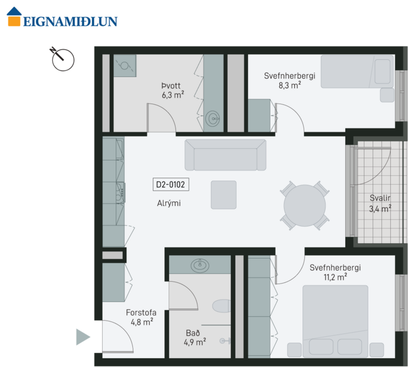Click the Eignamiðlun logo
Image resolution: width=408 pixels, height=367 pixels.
pos(62,17)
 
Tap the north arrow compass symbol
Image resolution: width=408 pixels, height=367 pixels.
pos(62,59)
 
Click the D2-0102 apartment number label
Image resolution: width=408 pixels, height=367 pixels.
pos(171,185)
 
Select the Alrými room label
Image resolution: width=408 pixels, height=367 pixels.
pos(169,203)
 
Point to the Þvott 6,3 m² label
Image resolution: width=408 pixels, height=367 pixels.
pos(173,89)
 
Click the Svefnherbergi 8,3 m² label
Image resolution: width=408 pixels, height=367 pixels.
pos(289,80)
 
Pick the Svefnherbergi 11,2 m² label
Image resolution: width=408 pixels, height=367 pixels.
pos(335,272)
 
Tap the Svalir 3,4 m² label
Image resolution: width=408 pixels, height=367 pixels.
pos(380,203)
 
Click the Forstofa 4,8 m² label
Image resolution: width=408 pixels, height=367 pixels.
pos(141,317)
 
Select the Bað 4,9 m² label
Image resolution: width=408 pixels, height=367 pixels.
pos(195,336)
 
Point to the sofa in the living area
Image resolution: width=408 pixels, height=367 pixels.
pos(225,155)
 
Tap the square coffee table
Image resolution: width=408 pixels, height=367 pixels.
pos(224,195)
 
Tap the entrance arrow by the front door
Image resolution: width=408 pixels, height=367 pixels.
pos(83,337)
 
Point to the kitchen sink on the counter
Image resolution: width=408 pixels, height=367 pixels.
pos(120,191)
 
